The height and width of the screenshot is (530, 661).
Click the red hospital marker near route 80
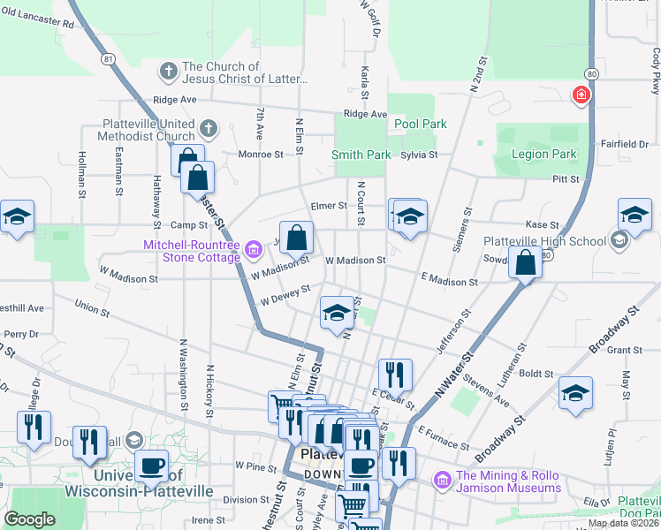[581, 95]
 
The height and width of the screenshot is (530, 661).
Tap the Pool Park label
[420, 125]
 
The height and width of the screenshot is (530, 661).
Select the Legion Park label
[543, 155]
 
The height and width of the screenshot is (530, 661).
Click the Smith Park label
[361, 155]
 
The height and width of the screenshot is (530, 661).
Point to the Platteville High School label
[544, 241]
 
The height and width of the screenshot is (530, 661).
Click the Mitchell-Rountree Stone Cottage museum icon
[255, 251]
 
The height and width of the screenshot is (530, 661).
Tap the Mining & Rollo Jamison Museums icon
[443, 481]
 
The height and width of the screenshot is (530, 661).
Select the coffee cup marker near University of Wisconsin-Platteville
[151, 466]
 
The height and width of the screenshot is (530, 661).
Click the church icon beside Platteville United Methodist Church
[208, 130]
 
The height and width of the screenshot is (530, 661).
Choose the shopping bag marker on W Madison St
[298, 236]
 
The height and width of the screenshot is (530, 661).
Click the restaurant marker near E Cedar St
[395, 374]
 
